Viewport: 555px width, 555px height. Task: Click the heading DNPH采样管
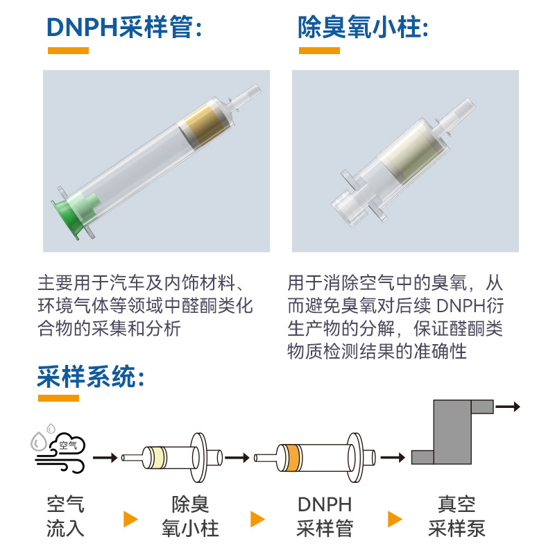(125, 27)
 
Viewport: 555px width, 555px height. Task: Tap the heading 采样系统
(91, 377)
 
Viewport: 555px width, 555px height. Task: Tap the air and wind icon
(60, 447)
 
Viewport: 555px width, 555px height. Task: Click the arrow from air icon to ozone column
(105, 458)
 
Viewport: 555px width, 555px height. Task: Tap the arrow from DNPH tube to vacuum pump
(393, 458)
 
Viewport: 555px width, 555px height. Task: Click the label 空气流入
(66, 516)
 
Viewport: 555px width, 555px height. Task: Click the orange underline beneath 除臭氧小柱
(319, 51)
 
